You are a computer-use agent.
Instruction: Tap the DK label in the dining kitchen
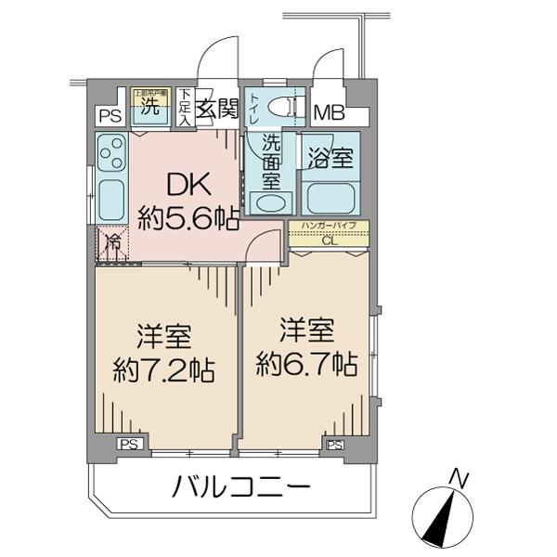(187, 186)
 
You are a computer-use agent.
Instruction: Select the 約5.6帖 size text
(188, 219)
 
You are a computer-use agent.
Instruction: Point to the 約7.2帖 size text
(163, 371)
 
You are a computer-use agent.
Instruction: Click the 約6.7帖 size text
(306, 362)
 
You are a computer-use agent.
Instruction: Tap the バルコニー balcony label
(240, 486)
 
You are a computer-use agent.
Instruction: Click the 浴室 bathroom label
(330, 158)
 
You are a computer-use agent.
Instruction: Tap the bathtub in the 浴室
(330, 197)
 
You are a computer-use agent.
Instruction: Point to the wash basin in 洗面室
(271, 202)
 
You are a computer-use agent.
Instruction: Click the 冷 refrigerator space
(111, 245)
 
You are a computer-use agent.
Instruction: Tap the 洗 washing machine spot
(149, 104)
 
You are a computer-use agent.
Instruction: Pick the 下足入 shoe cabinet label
(186, 105)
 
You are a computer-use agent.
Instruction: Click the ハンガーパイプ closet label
(329, 226)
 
